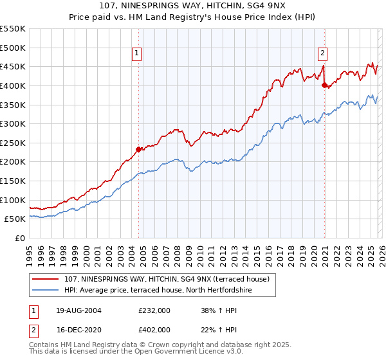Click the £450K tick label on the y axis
(13, 66)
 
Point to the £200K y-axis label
(13, 162)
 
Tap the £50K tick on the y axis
(15, 219)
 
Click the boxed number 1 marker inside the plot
(138, 54)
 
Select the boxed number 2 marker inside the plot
(322, 54)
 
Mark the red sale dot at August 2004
(138, 150)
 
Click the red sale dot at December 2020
(324, 85)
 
